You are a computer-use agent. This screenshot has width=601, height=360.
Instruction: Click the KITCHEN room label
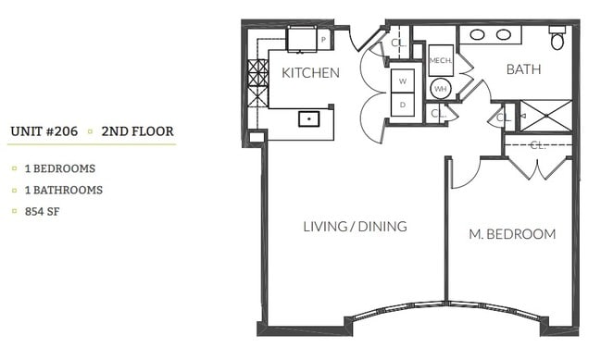(310, 73)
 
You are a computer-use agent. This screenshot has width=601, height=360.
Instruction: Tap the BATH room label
(523, 69)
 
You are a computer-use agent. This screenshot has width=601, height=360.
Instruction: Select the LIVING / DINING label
(356, 227)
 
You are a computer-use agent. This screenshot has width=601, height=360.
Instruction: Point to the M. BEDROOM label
(512, 234)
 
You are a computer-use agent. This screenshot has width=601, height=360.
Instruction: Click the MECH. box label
(440, 61)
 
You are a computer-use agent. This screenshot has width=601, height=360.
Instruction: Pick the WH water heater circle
(440, 89)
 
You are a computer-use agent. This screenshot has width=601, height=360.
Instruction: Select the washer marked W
(403, 81)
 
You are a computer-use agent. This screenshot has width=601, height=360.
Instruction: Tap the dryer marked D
(403, 106)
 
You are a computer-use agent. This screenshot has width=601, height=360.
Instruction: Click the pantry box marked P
(323, 40)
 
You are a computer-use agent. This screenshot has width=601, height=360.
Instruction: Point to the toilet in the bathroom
(557, 40)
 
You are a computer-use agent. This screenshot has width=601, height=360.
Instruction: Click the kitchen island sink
(307, 118)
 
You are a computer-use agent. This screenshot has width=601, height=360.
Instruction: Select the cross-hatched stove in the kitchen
(257, 83)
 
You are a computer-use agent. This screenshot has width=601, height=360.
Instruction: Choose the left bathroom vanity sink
(479, 35)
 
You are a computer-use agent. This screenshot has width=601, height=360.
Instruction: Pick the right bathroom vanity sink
(504, 35)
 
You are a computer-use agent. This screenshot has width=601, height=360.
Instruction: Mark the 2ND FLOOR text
(138, 131)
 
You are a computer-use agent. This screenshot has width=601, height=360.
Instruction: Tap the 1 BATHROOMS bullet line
(57, 190)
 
